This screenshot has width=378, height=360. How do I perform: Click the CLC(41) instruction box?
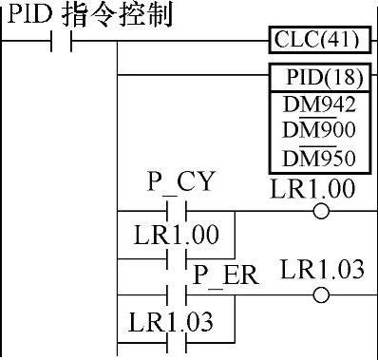coord(320,40)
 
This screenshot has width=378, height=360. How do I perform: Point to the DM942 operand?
coord(319,104)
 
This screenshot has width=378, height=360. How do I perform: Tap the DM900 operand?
coord(319,130)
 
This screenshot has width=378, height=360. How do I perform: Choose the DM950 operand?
coord(319,158)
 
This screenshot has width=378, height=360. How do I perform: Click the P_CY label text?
coord(181,182)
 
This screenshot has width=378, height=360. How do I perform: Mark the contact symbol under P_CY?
coord(177,211)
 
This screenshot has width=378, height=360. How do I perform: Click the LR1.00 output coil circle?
coord(321,211)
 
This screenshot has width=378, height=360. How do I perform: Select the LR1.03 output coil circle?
coord(321,295)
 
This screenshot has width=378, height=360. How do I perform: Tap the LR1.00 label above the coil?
coord(312,188)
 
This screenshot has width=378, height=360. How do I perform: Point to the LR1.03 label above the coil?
coord(322,269)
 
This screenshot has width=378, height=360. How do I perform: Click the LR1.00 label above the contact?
coord(177,235)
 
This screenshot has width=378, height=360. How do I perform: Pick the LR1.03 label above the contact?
coord(170,322)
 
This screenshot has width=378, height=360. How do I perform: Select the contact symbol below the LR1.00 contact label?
coord(177,258)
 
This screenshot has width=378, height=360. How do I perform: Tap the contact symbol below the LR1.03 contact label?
coord(177,343)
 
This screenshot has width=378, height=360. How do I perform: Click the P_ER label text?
coord(226,275)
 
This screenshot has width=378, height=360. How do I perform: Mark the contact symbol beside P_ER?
coord(177,295)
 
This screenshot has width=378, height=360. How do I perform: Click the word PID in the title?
coord(29,14)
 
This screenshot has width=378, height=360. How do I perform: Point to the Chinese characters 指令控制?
coord(118,14)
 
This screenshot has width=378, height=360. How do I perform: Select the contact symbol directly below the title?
coord(61,41)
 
